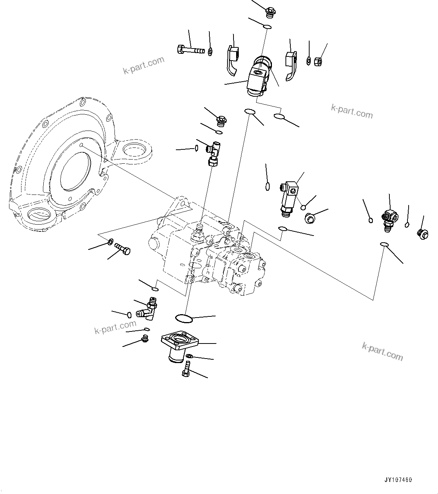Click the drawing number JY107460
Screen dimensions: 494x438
click(398, 480)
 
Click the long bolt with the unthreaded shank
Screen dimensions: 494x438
click(191, 49)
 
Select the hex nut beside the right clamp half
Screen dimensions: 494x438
click(317, 60)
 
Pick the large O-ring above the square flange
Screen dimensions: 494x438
click(184, 318)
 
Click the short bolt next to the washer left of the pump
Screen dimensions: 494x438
click(123, 249)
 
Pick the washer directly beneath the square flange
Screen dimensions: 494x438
click(190, 356)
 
